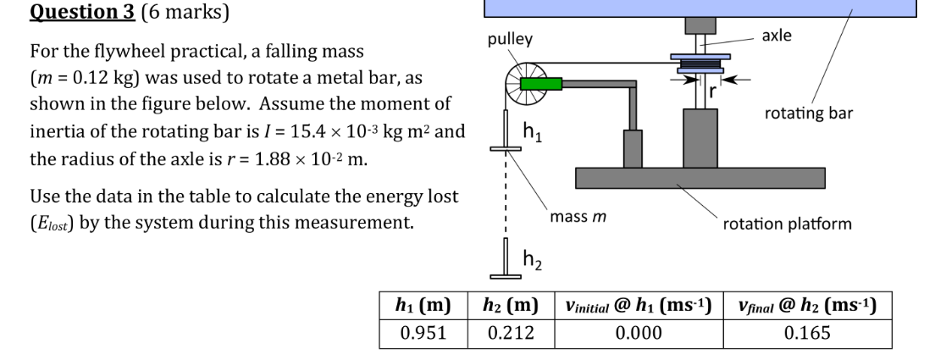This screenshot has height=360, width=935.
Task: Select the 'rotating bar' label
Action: [809, 113]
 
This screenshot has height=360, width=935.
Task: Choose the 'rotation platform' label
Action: [787, 224]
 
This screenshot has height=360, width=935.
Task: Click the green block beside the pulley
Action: [536, 84]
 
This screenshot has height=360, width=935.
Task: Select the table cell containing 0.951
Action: [423, 331]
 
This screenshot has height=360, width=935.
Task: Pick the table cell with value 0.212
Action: [511, 331]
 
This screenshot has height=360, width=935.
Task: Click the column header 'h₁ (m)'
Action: [423, 305]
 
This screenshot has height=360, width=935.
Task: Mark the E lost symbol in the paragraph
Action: [51, 225]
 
